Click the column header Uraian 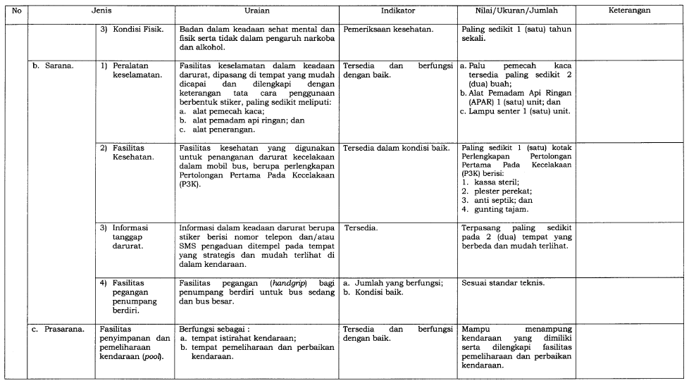coord(256,11)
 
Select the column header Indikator coord(397,11)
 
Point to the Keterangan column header coord(630,11)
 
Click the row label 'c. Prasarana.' coord(60,329)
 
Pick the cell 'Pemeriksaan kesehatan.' coord(389,30)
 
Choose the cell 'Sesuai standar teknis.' coord(502,283)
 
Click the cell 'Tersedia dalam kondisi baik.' coord(396,148)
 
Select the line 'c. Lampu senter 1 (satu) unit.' coord(515,111)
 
